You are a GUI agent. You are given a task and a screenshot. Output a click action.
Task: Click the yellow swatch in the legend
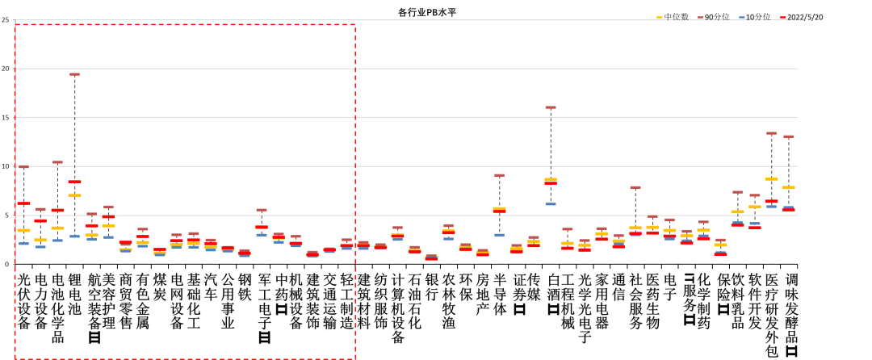pyautogui.click(x=660, y=17)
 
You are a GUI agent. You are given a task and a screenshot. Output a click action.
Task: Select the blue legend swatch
pyautogui.click(x=742, y=17)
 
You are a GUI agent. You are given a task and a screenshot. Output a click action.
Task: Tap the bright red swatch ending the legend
pyautogui.click(x=783, y=17)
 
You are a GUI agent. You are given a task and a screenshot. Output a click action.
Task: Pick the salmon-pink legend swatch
pyautogui.click(x=701, y=17)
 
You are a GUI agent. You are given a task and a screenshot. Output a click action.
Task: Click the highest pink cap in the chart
pyautogui.click(x=74, y=74)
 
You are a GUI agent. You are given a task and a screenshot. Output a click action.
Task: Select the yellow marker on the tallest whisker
pyautogui.click(x=74, y=195)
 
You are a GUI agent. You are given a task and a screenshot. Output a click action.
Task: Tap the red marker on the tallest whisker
pyautogui.click(x=74, y=182)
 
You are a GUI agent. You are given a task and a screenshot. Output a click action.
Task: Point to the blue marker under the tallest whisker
pyautogui.click(x=74, y=237)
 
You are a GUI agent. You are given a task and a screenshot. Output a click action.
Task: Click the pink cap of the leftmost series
pyautogui.click(x=23, y=167)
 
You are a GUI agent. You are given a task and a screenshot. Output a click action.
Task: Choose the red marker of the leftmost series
pyautogui.click(x=23, y=203)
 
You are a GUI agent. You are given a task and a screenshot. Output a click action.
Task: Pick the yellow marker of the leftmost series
pyautogui.click(x=23, y=230)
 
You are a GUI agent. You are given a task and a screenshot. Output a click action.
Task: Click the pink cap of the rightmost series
pyautogui.click(x=788, y=136)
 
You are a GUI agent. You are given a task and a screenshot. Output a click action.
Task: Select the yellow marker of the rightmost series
pyautogui.click(x=788, y=187)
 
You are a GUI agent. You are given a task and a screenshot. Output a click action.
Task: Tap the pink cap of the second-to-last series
pyautogui.click(x=771, y=133)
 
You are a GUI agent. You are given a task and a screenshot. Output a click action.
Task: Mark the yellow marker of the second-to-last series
pyautogui.click(x=771, y=179)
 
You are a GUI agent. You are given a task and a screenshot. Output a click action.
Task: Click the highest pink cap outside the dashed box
pyautogui.click(x=550, y=107)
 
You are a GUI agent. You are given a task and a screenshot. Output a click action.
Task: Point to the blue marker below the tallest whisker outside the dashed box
pyautogui.click(x=550, y=204)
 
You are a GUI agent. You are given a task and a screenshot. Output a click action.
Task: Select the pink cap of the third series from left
pyautogui.click(x=57, y=162)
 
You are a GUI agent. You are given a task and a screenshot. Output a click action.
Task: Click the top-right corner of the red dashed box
pyautogui.click(x=355, y=24)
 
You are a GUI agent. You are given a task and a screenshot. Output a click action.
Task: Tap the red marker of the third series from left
pyautogui.click(x=57, y=211)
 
